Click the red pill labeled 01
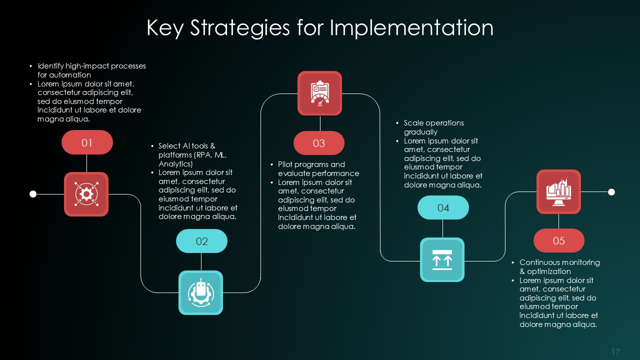[87, 142]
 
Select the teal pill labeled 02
[201, 241]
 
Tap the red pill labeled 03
[318, 143]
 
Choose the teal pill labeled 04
[443, 208]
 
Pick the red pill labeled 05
[558, 241]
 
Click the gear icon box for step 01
[86, 194]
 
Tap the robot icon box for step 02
[200, 292]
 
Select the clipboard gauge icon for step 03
[319, 93]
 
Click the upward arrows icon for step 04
[442, 259]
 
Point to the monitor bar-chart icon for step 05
[558, 191]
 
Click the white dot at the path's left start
[33, 194]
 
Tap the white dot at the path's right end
[611, 192]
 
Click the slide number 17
[615, 352]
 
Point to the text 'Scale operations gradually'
[434, 127]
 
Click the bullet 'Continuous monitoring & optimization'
[559, 266]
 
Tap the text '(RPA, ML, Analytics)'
[192, 159]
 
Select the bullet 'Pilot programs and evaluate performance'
[318, 169]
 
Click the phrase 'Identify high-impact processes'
[91, 66]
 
